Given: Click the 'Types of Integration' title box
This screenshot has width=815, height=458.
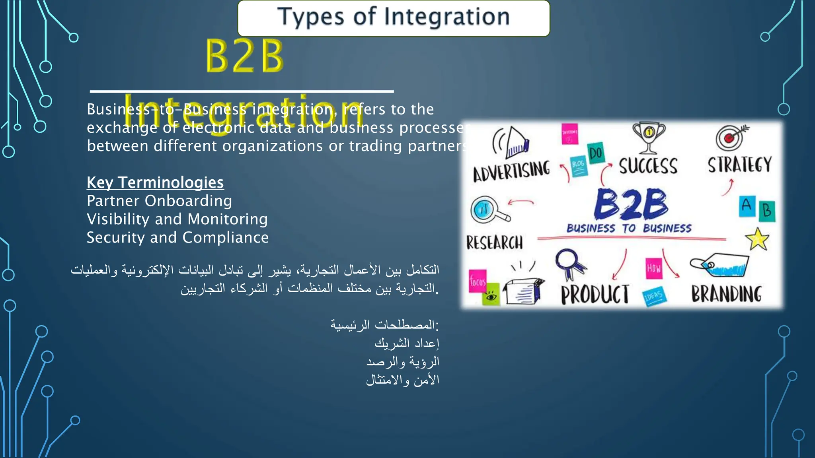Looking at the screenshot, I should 394,18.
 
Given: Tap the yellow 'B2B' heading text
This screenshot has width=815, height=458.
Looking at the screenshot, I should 244,56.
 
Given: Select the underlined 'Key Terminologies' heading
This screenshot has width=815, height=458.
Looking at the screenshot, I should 155,182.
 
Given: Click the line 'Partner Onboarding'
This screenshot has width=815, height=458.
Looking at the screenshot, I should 159,201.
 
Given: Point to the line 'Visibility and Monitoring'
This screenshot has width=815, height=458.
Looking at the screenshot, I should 177,219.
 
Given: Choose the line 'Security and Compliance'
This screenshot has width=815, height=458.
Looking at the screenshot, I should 177,237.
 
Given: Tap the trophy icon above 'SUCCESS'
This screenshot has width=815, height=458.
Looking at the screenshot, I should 649,137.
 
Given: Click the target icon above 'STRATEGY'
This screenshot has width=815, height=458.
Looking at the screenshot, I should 730,138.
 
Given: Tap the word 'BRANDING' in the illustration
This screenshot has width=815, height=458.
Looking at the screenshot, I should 726,294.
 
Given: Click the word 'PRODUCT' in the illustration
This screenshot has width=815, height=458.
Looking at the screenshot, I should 595,295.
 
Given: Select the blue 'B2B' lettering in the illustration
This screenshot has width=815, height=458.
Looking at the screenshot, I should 631,204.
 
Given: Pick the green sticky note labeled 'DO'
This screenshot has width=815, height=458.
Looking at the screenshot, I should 596,153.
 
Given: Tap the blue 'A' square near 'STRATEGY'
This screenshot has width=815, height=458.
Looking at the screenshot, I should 747,206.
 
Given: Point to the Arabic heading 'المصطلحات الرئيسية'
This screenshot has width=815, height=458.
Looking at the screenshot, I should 384,325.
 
